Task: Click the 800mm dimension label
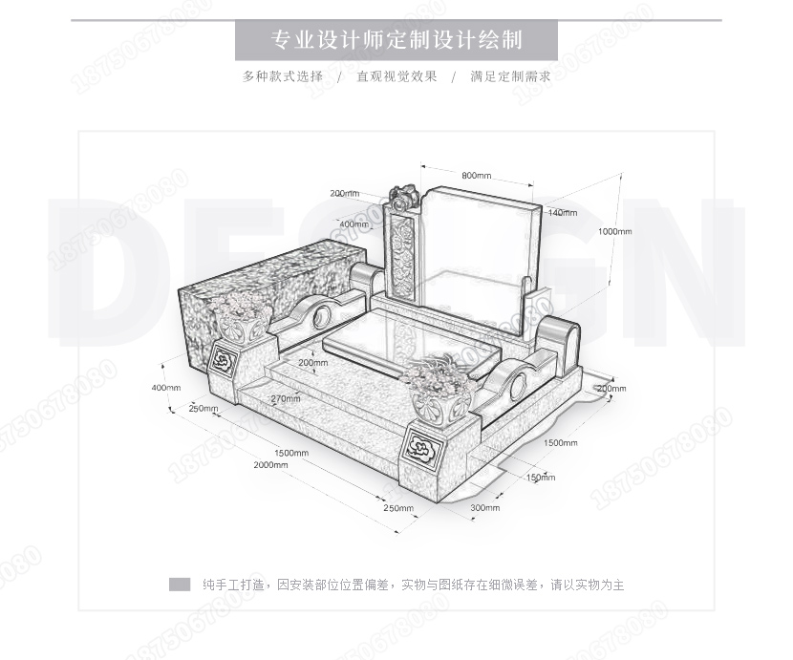pyautogui.click(x=476, y=176)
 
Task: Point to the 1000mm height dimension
pyautogui.click(x=614, y=231)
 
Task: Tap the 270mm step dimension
pyautogui.click(x=285, y=398)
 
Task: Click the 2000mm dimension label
pyautogui.click(x=270, y=464)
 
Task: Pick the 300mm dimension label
pyautogui.click(x=484, y=507)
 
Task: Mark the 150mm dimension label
pyautogui.click(x=541, y=477)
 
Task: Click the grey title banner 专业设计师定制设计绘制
pyautogui.click(x=396, y=41)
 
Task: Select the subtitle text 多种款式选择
pyautogui.click(x=283, y=76)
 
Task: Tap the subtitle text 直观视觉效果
pyautogui.click(x=396, y=76)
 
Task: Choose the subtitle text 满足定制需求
pyautogui.click(x=510, y=76)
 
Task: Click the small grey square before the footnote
pyautogui.click(x=180, y=585)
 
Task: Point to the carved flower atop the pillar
pyautogui.click(x=402, y=197)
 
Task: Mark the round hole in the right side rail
pyautogui.click(x=519, y=384)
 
